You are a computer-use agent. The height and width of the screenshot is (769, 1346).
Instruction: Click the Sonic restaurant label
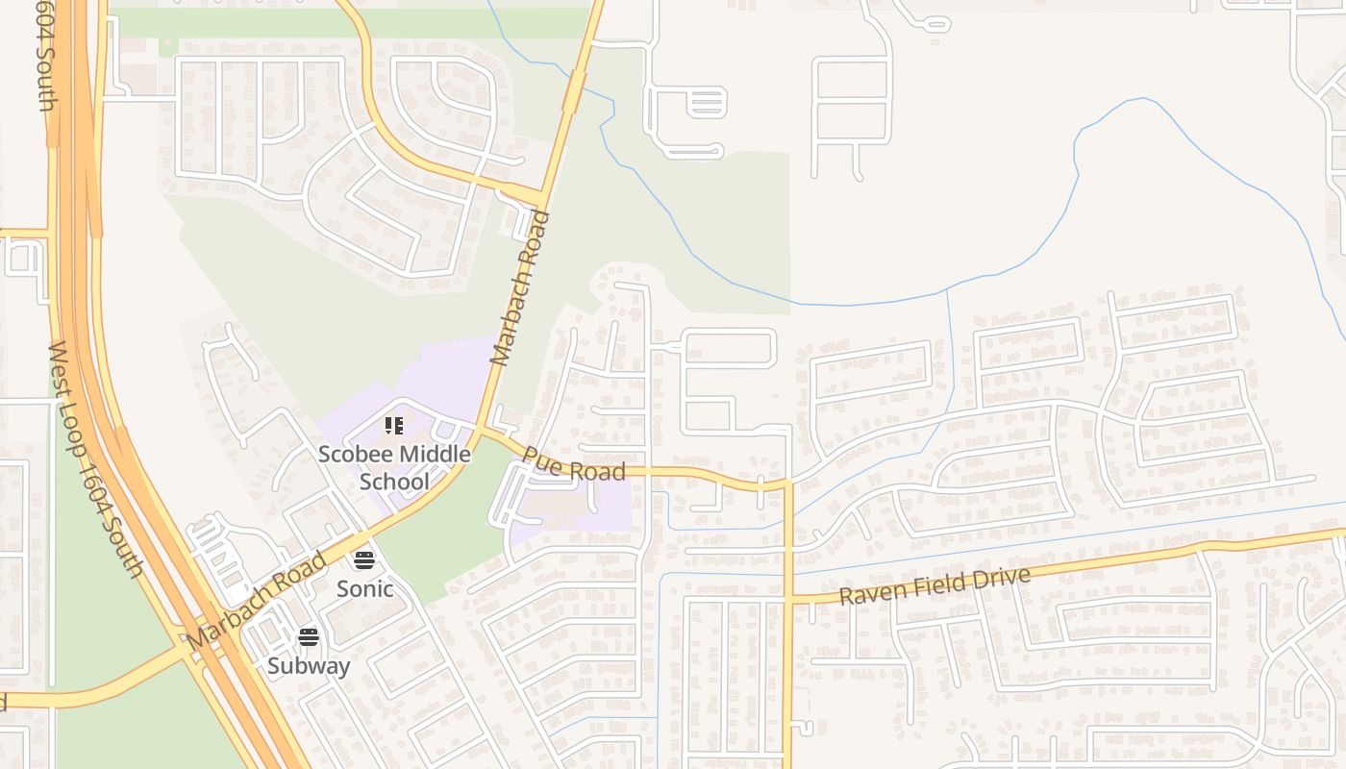364,588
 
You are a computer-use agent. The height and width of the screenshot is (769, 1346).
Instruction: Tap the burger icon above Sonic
364,559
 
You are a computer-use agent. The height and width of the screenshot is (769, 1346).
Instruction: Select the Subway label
309,665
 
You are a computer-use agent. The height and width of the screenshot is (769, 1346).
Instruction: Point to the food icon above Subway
309,636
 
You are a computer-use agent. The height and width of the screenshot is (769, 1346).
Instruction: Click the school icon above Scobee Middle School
393,425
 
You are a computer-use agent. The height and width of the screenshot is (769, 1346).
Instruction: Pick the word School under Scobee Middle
394,481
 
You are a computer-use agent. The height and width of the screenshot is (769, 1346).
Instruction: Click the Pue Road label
574,464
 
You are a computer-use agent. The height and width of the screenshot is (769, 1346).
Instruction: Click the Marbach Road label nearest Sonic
257,601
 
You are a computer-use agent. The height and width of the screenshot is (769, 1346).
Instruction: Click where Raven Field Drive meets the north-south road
787,601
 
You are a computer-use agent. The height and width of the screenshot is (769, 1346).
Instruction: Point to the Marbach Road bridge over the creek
575,91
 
